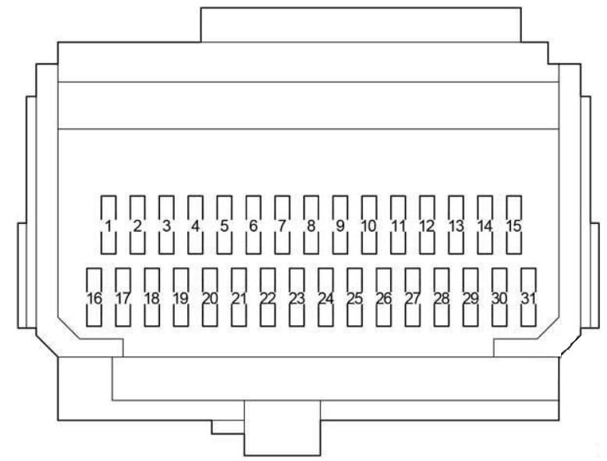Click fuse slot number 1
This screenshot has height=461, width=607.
point(108,225)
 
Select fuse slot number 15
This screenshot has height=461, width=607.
point(514,225)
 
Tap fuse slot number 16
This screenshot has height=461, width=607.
point(94,297)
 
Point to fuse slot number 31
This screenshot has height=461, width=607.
point(528,297)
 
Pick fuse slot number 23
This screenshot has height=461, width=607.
point(297,297)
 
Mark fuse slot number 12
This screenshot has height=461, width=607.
point(427,225)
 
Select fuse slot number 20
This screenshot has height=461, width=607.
point(210,297)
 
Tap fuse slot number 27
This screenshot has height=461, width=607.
point(413,297)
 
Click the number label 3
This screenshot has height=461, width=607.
point(166,226)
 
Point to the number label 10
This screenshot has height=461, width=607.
point(369,226)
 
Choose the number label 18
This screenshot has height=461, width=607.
point(151,299)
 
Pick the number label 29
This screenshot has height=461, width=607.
point(470,299)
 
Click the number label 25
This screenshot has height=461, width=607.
point(354,299)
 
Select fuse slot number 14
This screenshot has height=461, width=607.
point(485,225)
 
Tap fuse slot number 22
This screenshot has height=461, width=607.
point(268,297)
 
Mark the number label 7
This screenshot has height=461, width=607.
point(282,226)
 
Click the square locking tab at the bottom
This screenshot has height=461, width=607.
point(282,428)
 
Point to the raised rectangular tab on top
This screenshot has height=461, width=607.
point(360,24)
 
